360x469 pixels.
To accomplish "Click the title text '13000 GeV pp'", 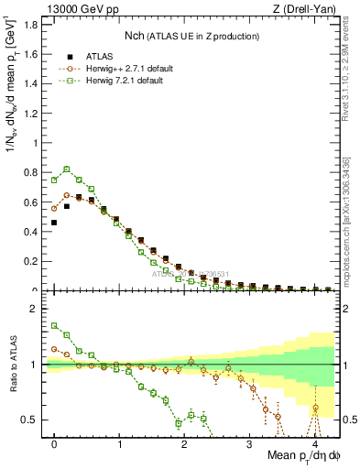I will point(74,8).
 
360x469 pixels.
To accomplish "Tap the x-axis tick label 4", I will point(315,443).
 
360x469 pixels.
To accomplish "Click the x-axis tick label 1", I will point(120,443).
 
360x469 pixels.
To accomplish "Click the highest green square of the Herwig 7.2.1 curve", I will point(67,169).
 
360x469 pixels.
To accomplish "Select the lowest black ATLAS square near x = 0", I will point(55,223).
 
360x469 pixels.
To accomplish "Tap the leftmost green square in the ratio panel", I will point(55,325).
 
